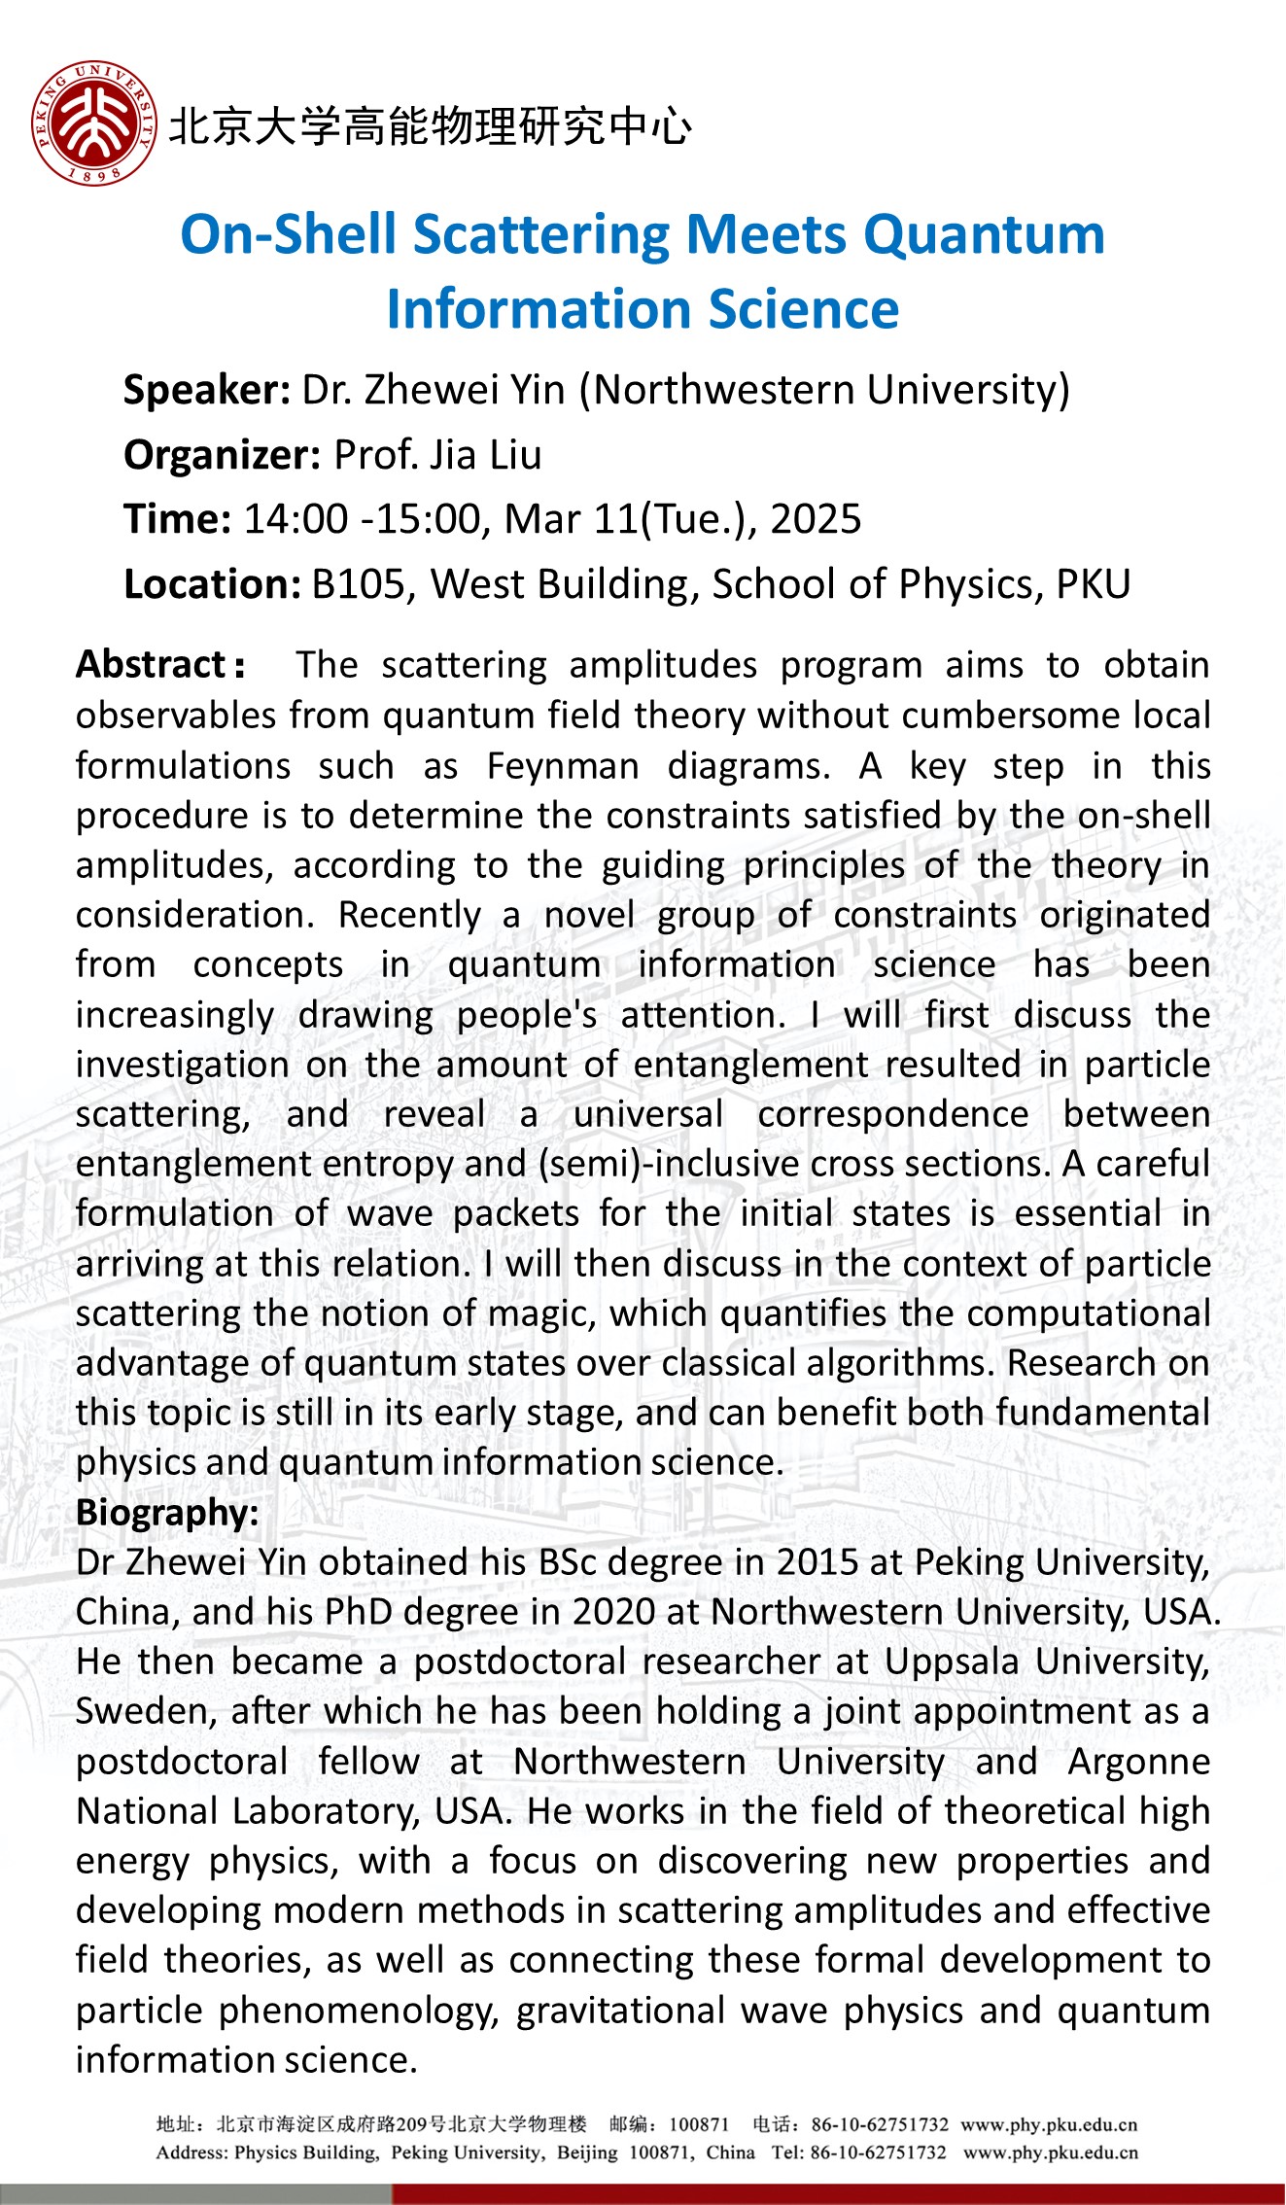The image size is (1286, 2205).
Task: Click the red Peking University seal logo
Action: (x=93, y=123)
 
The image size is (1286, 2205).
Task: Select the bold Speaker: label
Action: (x=206, y=390)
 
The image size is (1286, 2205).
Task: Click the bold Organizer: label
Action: (x=222, y=455)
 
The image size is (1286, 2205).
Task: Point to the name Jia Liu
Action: (x=486, y=455)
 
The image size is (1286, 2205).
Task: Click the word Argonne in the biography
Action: (x=1138, y=1762)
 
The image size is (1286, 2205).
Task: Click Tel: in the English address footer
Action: (x=788, y=2152)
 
